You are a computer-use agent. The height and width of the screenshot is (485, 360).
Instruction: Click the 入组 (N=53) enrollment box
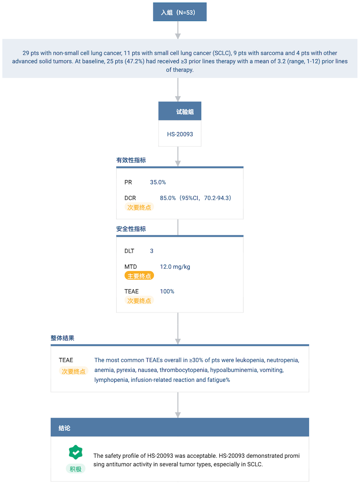click(179, 12)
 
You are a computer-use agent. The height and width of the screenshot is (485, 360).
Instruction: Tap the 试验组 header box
click(180, 111)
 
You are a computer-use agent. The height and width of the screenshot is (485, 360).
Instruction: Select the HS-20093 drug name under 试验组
click(180, 134)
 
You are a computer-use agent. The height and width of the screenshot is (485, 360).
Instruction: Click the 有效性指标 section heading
click(131, 160)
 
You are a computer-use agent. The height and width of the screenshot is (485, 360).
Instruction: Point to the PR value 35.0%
click(158, 182)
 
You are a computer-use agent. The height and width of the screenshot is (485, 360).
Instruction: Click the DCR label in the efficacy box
click(130, 198)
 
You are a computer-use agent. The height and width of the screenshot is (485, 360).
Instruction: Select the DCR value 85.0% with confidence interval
click(195, 198)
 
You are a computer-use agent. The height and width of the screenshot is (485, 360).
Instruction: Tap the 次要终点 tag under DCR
click(139, 207)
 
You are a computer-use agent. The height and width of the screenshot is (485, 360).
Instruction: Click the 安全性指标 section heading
click(131, 229)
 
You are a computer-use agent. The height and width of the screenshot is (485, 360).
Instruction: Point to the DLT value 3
click(152, 251)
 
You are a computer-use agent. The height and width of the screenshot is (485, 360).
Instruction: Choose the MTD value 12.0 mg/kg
click(175, 267)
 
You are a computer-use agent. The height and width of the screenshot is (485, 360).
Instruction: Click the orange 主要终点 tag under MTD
click(139, 276)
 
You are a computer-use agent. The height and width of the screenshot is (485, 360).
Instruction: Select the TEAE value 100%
click(167, 291)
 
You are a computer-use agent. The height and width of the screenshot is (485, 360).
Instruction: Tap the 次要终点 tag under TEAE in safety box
click(139, 300)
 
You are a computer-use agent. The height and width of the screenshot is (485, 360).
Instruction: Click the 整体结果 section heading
click(62, 338)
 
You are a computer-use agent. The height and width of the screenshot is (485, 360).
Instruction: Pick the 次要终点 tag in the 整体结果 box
click(74, 371)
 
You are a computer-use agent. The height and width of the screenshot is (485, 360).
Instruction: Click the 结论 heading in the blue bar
click(64, 428)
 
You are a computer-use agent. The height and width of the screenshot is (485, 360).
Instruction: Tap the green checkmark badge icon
click(76, 452)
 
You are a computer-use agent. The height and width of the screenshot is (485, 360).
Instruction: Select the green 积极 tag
click(76, 469)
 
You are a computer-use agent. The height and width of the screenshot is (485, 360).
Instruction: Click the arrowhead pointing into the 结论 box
click(178, 415)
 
